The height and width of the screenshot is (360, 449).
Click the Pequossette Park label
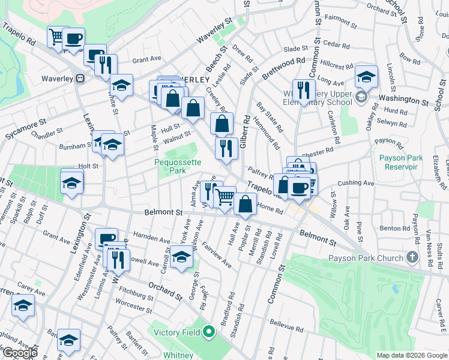(x=178, y=166)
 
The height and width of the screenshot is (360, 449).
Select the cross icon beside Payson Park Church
(x=412, y=258)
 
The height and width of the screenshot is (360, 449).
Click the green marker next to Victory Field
(x=209, y=331)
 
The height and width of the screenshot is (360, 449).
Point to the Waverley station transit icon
(x=79, y=79)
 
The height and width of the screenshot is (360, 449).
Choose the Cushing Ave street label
(x=356, y=183)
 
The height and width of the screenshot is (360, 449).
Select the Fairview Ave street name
(x=217, y=254)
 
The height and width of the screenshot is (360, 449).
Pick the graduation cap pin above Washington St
(x=366, y=76)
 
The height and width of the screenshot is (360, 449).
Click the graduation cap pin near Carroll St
(x=181, y=256)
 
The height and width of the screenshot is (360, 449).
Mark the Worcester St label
(x=135, y=307)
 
